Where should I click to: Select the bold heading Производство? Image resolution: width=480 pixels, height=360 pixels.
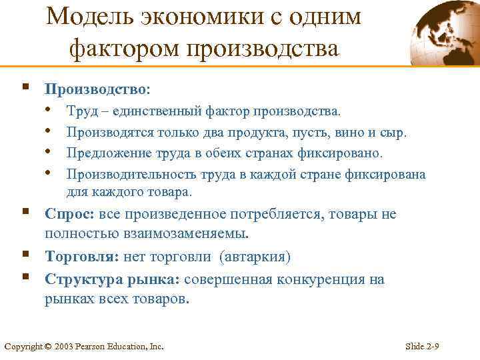(x=97, y=89)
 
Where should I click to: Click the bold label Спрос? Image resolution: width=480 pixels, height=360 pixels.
(x=71, y=214)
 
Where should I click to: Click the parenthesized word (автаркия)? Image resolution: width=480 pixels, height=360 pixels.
(x=259, y=257)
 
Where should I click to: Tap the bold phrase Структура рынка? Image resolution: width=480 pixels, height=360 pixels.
(x=113, y=279)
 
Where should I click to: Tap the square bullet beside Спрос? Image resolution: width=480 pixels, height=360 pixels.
(x=25, y=212)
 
